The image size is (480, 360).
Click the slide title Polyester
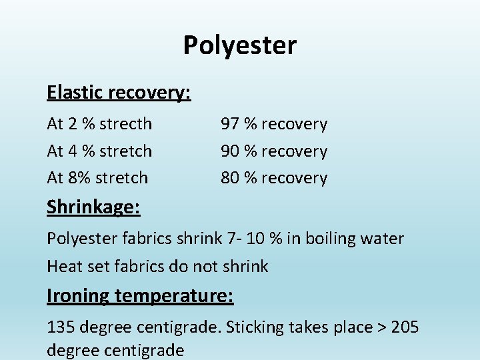click(x=240, y=46)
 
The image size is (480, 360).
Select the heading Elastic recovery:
click(x=119, y=93)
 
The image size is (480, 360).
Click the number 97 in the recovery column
click(x=230, y=124)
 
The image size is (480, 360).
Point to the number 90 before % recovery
click(x=230, y=151)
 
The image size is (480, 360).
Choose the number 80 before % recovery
click(x=230, y=178)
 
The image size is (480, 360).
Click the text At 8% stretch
click(x=97, y=178)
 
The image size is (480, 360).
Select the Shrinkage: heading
click(x=93, y=207)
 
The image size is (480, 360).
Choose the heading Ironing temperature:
click(x=140, y=295)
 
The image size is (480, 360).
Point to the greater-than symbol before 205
click(x=381, y=327)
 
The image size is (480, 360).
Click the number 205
click(x=405, y=327)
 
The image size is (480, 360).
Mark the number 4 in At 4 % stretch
click(x=73, y=151)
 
